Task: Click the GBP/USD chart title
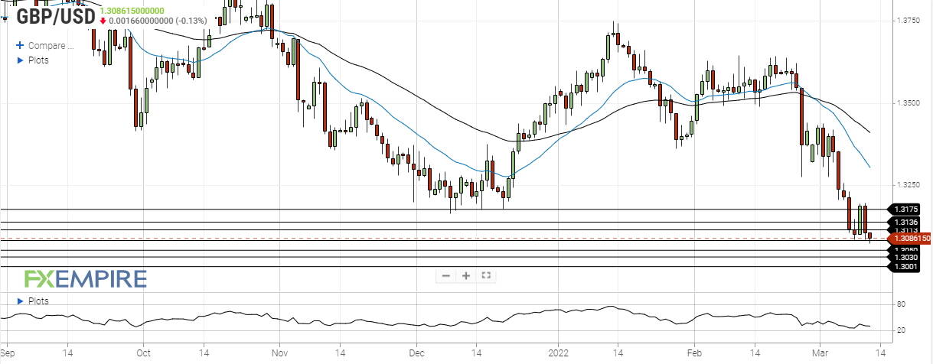(54, 16)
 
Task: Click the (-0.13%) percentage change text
(184, 21)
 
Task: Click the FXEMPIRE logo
(85, 279)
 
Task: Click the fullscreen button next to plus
(486, 276)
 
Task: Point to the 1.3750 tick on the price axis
(911, 20)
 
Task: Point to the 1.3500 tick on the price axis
(911, 102)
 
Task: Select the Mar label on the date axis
(820, 354)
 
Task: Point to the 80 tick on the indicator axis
(902, 304)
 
